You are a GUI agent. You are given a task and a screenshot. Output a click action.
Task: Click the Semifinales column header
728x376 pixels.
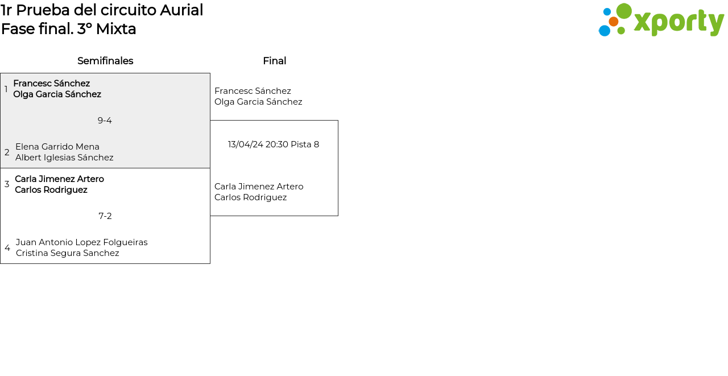105,61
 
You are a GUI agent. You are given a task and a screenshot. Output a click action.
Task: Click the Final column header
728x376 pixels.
274,61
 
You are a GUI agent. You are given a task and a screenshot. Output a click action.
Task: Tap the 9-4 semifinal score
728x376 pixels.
105,121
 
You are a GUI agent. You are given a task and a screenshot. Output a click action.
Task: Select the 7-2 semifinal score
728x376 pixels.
105,216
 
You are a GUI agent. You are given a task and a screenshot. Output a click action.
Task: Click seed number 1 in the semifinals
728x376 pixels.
6,89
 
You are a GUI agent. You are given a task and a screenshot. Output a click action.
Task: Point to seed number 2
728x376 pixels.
7,152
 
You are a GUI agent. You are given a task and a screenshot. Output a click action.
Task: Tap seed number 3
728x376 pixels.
7,184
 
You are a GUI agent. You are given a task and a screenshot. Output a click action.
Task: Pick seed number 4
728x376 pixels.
7,248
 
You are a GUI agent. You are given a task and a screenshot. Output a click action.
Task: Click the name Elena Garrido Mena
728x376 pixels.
57,147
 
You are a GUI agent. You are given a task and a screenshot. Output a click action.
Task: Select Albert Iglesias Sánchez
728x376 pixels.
64,158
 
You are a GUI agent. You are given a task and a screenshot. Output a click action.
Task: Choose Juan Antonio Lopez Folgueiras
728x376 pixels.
82,242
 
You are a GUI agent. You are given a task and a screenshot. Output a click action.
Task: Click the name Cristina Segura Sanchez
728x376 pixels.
68,253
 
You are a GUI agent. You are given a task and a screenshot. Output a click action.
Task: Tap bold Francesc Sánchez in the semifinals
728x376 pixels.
52,84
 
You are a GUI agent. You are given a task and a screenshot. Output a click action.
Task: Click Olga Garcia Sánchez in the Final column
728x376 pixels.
258,102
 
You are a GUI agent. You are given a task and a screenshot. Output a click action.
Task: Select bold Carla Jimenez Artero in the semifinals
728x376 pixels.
59,179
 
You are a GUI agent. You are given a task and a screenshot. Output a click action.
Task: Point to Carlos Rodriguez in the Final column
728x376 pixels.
250,197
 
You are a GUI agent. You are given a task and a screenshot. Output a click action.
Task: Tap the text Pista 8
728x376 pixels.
305,144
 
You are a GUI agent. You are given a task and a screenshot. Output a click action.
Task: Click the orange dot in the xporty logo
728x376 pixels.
614,22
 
